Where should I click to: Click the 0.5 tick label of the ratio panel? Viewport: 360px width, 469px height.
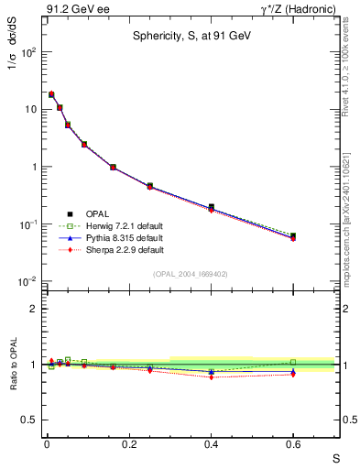[27, 420]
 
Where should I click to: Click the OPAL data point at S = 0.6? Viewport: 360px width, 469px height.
[293, 236]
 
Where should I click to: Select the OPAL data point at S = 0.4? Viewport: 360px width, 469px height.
[212, 207]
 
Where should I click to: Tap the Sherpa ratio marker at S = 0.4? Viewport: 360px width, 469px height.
[212, 376]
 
